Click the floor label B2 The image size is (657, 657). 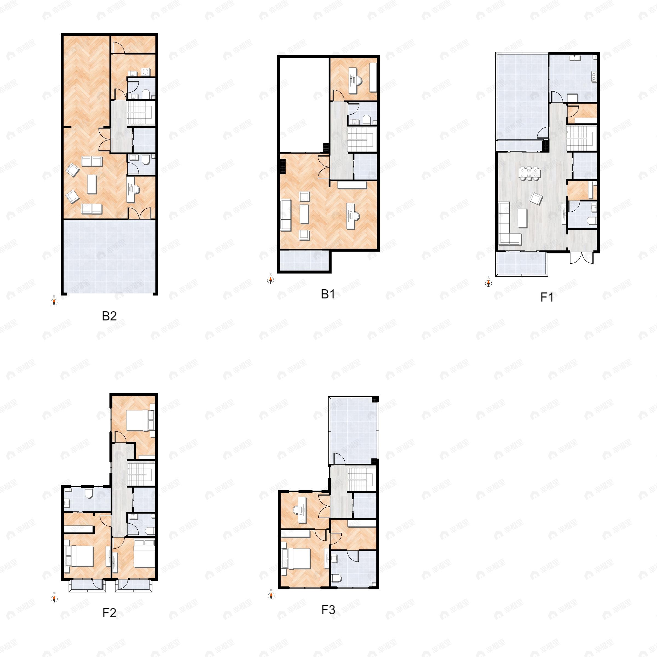tap(109, 316)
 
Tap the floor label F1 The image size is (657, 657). tap(547, 297)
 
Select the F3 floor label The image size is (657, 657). tap(328, 610)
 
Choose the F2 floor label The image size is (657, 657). tap(109, 613)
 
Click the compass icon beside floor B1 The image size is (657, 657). tap(271, 280)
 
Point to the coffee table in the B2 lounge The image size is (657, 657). tap(92, 184)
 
